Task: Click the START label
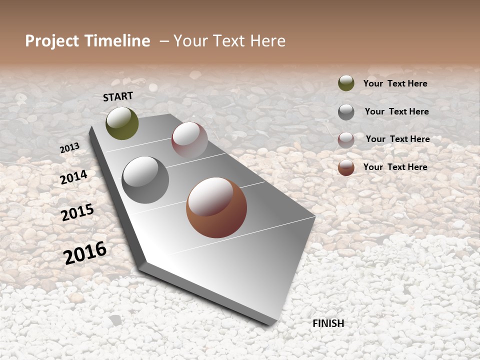click(x=118, y=96)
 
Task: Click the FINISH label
click(x=328, y=323)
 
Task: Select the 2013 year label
click(x=69, y=148)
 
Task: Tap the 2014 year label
click(x=74, y=177)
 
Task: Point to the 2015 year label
click(x=77, y=212)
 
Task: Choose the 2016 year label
click(x=85, y=252)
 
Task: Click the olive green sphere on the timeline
click(x=122, y=123)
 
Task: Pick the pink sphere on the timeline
click(x=189, y=140)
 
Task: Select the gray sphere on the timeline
click(x=145, y=180)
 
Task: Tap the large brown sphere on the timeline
click(x=216, y=207)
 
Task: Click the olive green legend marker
click(x=346, y=83)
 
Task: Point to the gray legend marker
click(x=346, y=112)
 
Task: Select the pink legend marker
click(x=346, y=140)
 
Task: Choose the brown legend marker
click(x=346, y=167)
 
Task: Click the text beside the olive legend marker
click(x=395, y=83)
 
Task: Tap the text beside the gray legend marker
click(x=396, y=111)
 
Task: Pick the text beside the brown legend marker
click(x=395, y=167)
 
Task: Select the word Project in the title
click(x=51, y=41)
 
